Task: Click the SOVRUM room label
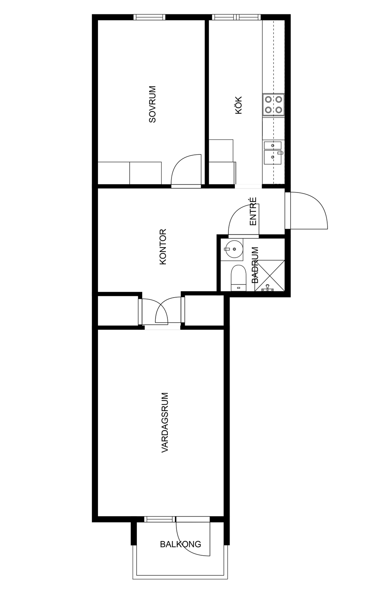[x=152, y=104]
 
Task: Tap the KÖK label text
[x=239, y=105]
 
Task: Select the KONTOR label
[x=162, y=247]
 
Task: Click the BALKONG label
[x=181, y=537]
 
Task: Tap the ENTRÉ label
[x=253, y=211]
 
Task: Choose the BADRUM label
[x=255, y=265]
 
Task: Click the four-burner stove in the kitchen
[x=273, y=105]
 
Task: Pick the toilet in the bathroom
[x=239, y=278]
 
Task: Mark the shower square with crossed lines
[x=270, y=275]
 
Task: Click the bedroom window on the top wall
[x=149, y=17]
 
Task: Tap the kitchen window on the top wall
[x=236, y=17]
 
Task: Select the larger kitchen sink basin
[x=273, y=157]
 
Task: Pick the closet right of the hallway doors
[x=204, y=310]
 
